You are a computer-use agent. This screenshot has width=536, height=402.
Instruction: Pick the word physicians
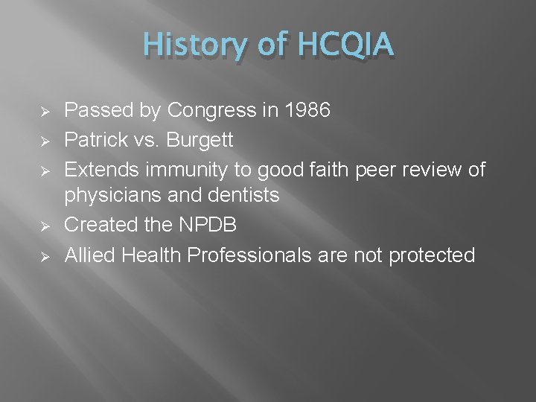coord(108,196)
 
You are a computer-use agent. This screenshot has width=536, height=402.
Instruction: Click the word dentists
coord(242,196)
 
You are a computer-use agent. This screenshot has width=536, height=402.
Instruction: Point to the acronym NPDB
coord(202,225)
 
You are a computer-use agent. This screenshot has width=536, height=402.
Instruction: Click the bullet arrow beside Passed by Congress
coord(44,112)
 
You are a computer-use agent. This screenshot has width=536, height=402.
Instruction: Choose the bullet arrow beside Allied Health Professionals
coord(44,255)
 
